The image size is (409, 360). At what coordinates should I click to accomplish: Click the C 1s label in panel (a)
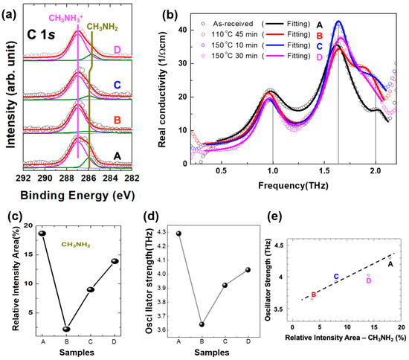click(x=41, y=34)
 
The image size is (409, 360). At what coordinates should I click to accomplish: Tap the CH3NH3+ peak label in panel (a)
click(x=66, y=19)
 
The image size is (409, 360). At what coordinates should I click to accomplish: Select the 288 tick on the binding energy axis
click(x=66, y=179)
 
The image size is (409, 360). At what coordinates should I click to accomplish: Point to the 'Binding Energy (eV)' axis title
click(x=77, y=196)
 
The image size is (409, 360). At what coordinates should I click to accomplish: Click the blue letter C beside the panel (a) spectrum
click(x=117, y=85)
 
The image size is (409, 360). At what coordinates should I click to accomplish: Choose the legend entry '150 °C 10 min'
click(x=234, y=45)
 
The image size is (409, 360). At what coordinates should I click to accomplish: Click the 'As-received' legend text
click(x=233, y=24)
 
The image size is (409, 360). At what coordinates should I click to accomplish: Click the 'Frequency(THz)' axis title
click(x=293, y=186)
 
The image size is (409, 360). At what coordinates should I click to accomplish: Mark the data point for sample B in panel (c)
click(x=66, y=329)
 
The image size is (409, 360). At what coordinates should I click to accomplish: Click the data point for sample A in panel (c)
click(x=42, y=234)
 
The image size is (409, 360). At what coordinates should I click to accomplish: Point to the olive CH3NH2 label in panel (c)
click(x=76, y=245)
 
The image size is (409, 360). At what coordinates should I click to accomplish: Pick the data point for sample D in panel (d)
click(x=248, y=270)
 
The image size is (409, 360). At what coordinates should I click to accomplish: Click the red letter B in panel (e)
click(x=314, y=295)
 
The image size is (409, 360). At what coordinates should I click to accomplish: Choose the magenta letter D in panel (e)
click(x=369, y=280)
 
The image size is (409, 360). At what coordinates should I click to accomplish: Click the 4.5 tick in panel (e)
click(x=279, y=245)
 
